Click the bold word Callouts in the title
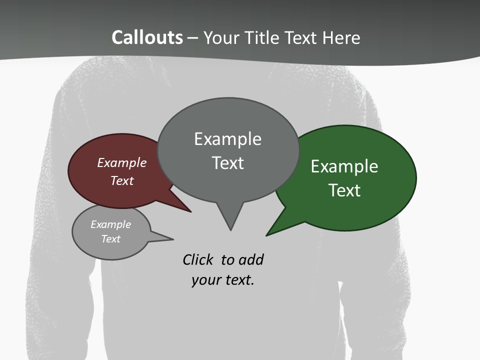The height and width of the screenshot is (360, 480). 147,37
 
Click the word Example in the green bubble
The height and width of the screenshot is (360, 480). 344,166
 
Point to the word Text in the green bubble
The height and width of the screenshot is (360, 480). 344,190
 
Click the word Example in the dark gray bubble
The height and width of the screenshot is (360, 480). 227,138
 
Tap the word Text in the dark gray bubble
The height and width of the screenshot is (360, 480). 227,162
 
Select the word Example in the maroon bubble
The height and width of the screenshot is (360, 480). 122,162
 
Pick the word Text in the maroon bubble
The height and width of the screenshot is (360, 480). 122,180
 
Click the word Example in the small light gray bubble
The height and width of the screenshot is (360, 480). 110,224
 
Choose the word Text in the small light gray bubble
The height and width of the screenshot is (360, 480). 110,239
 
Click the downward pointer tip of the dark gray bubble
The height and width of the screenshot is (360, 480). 230,229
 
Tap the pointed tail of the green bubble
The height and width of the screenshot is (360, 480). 267,234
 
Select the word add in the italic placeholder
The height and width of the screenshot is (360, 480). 251,260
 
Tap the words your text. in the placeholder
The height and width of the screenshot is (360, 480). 223,280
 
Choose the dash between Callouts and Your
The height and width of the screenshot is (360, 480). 193,38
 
